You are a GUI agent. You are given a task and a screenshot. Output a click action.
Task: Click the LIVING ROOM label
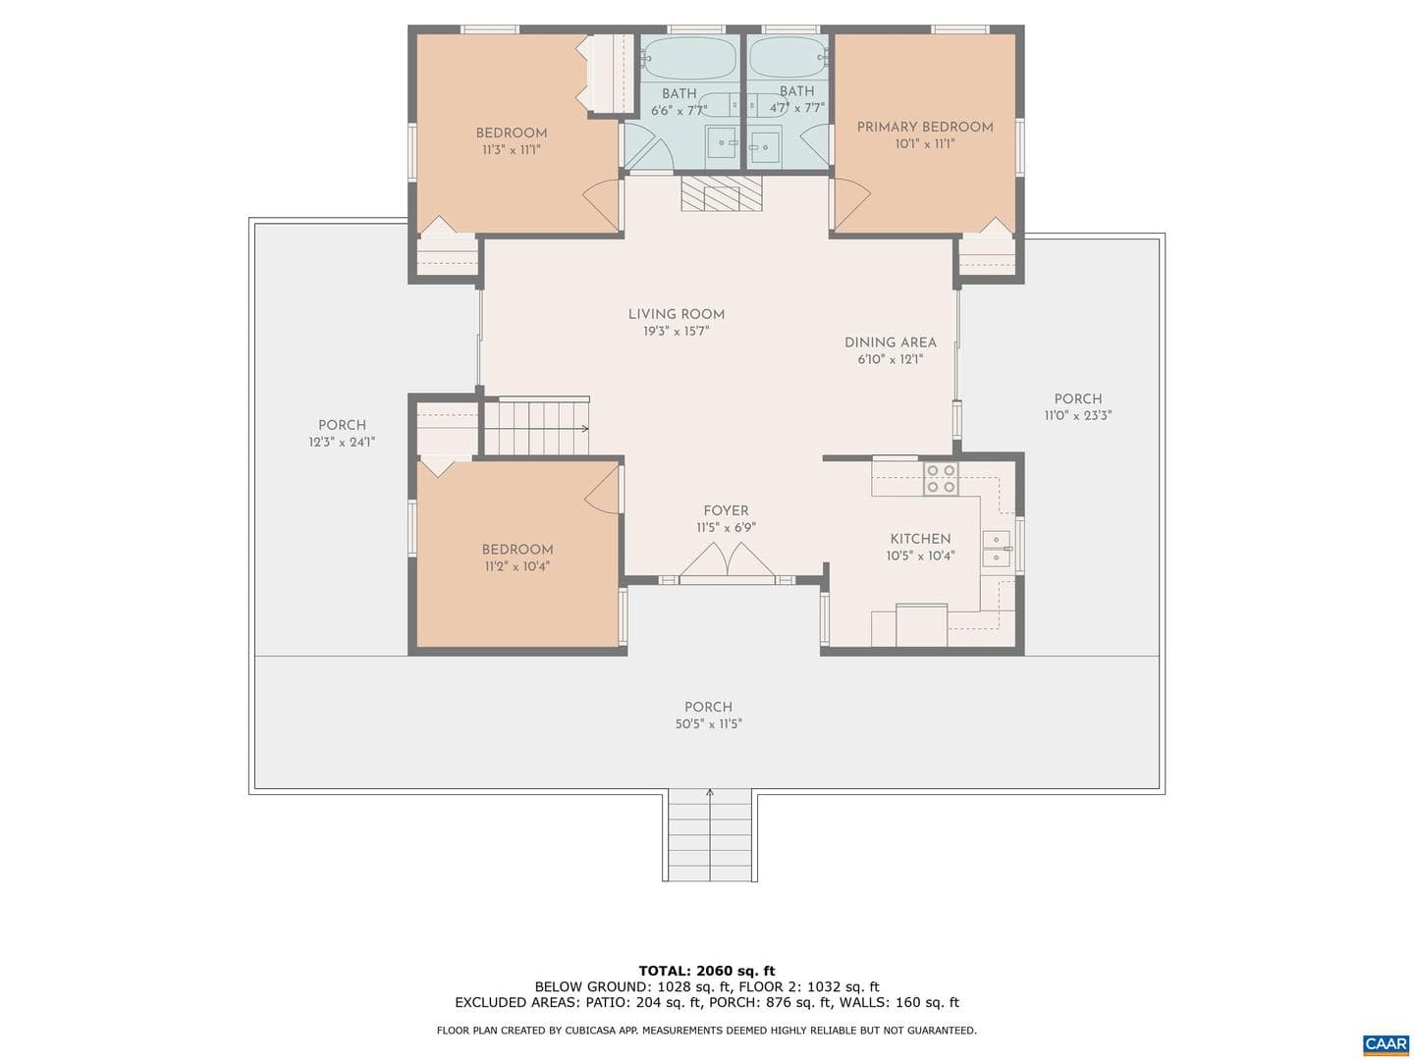coord(676,315)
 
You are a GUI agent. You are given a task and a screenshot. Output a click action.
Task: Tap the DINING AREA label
coord(891,344)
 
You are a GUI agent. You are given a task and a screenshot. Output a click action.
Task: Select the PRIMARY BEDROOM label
coord(924,128)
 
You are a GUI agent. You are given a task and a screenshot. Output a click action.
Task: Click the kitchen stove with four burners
coord(941,479)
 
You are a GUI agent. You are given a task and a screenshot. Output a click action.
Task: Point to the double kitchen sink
coord(996,549)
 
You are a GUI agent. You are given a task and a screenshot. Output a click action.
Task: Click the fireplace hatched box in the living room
coord(722,193)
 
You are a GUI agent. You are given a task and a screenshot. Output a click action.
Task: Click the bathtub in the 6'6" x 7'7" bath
coord(690,57)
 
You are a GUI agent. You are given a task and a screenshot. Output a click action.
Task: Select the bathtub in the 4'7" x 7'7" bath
coord(788,57)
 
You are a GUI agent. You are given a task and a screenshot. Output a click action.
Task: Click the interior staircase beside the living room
coord(536,427)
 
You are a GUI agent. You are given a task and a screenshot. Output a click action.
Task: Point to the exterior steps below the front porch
coord(709,835)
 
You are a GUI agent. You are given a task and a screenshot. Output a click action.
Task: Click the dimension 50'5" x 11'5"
coord(709,724)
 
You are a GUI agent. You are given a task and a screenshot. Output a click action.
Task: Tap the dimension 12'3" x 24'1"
coord(342,442)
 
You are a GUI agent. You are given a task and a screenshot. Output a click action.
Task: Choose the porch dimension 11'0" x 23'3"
coord(1078,416)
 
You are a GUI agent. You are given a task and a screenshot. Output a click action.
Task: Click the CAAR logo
coord(1386,1043)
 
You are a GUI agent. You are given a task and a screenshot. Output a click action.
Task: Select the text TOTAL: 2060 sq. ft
coord(707,971)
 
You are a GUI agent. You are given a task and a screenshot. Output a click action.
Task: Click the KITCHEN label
coord(920,540)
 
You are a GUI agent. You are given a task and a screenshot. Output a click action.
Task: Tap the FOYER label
coord(726,511)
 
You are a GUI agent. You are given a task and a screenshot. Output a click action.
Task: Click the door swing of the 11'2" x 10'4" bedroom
coord(602,489)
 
